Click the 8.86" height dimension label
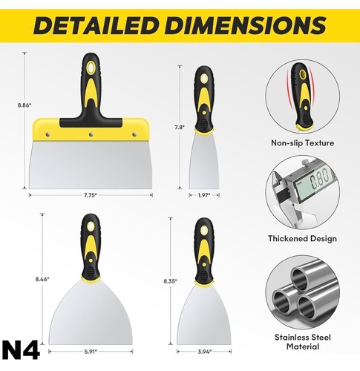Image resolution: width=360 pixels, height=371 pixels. coord(24,105)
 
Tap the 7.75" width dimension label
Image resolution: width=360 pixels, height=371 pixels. coord(90,195)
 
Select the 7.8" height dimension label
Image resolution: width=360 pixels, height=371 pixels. coord(180,128)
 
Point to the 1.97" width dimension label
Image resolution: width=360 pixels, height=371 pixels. coord(204,195)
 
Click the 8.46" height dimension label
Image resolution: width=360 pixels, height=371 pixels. coord(42,279)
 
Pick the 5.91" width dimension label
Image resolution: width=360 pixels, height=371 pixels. coord(91,352)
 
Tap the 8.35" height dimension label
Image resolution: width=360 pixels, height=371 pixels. coord(170,281)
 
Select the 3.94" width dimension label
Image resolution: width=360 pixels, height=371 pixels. coord(204,352)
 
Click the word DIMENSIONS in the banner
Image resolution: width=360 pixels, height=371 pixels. coord(247,25)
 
